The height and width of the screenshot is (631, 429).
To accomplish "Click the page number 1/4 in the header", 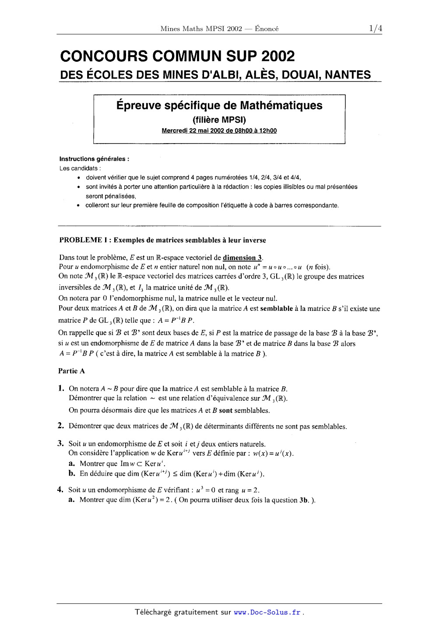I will pyautogui.click(x=376, y=28).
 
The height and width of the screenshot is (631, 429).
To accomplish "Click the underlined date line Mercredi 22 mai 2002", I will pyautogui.click(x=219, y=130).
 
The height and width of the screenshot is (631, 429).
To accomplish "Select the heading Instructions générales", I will pyautogui.click(x=94, y=159).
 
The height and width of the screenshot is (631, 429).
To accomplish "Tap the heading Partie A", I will pyautogui.click(x=72, y=371).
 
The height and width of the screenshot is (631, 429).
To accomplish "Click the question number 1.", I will pyautogui.click(x=61, y=388).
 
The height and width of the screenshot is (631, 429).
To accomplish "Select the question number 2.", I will pyautogui.click(x=61, y=426).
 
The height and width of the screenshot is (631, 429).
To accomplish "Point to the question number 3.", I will pyautogui.click(x=61, y=444).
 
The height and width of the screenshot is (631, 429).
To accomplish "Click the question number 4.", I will pyautogui.click(x=61, y=490).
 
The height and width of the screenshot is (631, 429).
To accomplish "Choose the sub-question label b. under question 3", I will pyautogui.click(x=72, y=473).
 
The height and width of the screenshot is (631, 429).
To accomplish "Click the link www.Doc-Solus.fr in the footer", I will pyautogui.click(x=267, y=612).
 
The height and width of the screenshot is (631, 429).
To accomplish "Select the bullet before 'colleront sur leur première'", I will pyautogui.click(x=78, y=205).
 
